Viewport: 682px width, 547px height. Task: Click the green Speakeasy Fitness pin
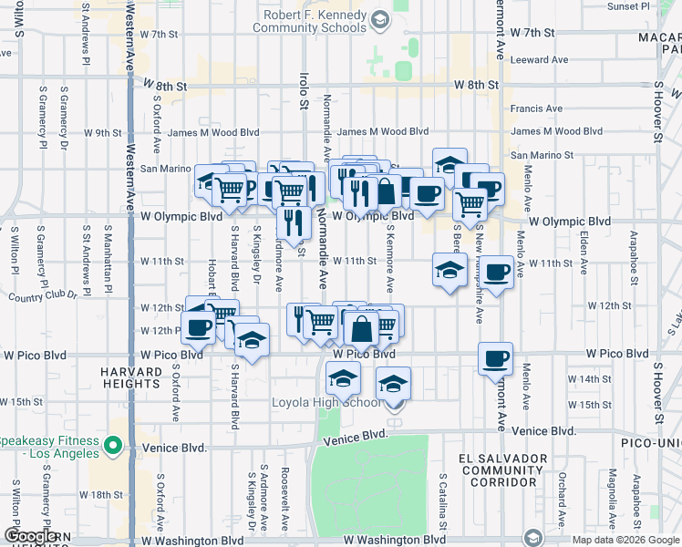pos(113,446)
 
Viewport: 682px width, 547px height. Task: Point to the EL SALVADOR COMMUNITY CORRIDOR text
pos(503,470)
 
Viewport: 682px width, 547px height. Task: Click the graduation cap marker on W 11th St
pos(449,270)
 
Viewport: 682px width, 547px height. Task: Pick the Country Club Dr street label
pos(39,296)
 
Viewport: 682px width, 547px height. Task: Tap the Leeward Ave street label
pos(541,60)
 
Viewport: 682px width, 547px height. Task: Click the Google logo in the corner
pos(31,537)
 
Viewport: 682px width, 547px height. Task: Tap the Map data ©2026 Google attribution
pos(625,540)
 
